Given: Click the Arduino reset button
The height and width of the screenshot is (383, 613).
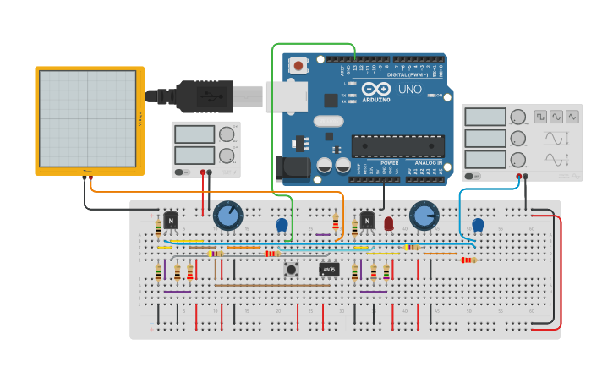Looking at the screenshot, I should (298, 65).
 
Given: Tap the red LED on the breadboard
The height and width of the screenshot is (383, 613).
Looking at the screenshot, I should (389, 223).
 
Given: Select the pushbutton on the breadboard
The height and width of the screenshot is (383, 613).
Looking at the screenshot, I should (292, 270).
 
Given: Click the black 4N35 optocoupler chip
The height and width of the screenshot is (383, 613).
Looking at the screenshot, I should (329, 270).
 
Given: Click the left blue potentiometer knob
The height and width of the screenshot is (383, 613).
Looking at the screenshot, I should (227, 216).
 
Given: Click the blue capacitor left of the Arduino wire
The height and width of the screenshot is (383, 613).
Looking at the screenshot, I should (282, 225).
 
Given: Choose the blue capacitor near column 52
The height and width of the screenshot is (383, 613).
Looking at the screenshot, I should (478, 225).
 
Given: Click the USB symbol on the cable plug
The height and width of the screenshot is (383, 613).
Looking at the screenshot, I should (206, 96).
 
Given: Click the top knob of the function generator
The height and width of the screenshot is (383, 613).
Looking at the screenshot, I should (517, 117).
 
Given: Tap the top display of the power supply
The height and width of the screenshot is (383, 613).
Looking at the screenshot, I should (194, 134).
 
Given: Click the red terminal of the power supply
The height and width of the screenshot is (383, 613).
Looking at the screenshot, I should (202, 172).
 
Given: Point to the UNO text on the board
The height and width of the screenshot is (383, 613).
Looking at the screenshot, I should (409, 89).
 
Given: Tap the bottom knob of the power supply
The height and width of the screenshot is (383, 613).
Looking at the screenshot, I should (226, 155).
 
